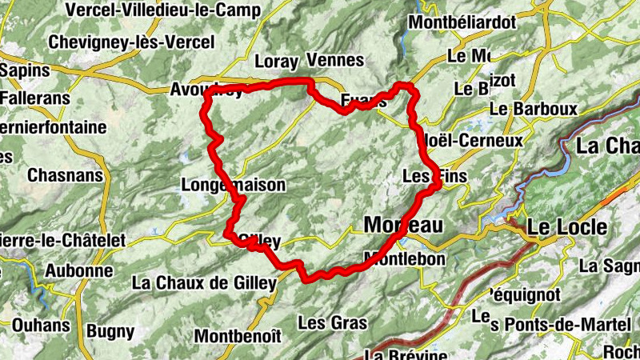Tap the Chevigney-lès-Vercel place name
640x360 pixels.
tap(131, 42)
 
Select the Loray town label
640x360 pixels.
tap(276, 61)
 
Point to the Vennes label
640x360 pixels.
tap(334, 61)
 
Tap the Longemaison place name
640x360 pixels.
tap(233, 185)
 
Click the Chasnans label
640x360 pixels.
tap(62, 174)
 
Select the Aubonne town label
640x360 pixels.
tap(78, 270)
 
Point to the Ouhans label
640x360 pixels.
tap(41, 326)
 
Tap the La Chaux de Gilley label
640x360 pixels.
tap(204, 282)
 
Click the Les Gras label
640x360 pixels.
tap(332, 323)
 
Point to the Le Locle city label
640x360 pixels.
tap(566, 227)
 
